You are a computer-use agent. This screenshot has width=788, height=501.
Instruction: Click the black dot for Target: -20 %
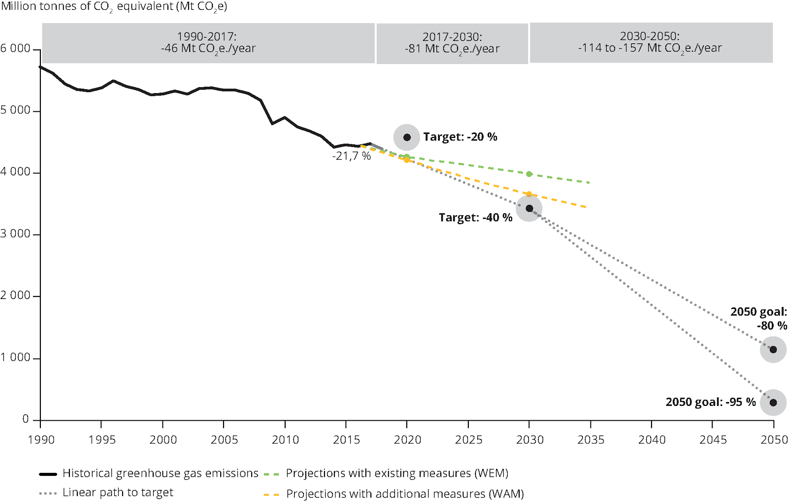tap(407, 137)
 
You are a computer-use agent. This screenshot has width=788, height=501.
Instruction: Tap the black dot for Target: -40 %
tap(529, 208)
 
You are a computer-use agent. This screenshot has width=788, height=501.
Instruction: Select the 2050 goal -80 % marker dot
tap(773, 350)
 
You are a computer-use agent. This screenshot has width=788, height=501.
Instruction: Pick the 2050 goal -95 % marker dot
tap(773, 402)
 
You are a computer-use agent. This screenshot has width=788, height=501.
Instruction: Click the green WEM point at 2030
tap(529, 174)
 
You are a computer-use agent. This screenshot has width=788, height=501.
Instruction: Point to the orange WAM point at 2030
tap(529, 194)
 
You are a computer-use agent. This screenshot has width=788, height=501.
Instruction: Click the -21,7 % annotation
tap(351, 156)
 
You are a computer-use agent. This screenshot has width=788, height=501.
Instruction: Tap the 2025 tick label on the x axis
tap(468, 439)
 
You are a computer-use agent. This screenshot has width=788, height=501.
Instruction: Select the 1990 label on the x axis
tap(41, 439)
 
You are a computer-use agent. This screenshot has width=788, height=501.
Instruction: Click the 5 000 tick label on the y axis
tap(16, 110)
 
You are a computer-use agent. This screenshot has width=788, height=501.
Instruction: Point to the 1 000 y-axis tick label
tap(16, 358)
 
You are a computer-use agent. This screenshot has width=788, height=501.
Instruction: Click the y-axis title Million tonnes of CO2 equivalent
tap(114, 7)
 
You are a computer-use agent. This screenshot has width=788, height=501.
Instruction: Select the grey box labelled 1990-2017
tap(208, 43)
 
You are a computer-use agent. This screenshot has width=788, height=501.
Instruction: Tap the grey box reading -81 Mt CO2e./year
tap(452, 43)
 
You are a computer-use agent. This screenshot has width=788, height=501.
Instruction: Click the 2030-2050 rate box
tap(650, 42)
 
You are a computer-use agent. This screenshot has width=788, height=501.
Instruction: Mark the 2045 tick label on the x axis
tap(713, 439)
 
